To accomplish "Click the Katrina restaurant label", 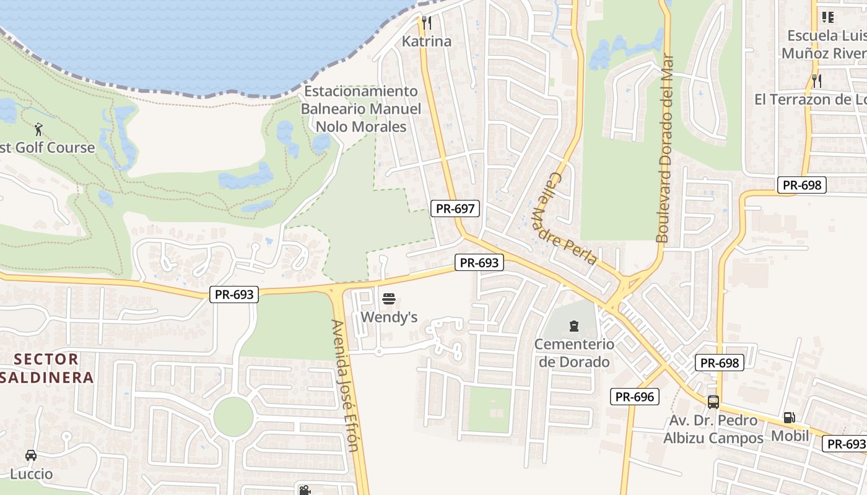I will [x=427, y=41].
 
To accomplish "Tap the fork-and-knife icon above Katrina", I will [x=426, y=24].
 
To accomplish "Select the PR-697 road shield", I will [x=455, y=209].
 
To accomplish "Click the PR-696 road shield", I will [x=635, y=397].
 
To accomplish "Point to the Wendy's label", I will [x=389, y=317].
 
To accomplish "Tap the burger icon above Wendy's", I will [x=389, y=299].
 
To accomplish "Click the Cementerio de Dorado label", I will [x=574, y=353].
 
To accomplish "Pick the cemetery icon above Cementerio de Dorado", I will [x=573, y=325].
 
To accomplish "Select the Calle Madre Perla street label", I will [x=564, y=218].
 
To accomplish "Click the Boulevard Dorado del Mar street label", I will [x=664, y=148].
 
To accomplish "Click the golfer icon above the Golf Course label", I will [x=39, y=129].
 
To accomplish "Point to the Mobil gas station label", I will [x=790, y=436].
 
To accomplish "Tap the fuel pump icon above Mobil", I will [x=789, y=418].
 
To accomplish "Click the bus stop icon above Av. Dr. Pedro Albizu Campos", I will [x=713, y=402].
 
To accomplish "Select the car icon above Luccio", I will [x=31, y=456].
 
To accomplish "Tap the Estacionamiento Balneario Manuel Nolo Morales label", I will [x=361, y=109].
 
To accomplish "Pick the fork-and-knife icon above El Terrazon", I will [x=817, y=80].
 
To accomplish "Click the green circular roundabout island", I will [x=233, y=416].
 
